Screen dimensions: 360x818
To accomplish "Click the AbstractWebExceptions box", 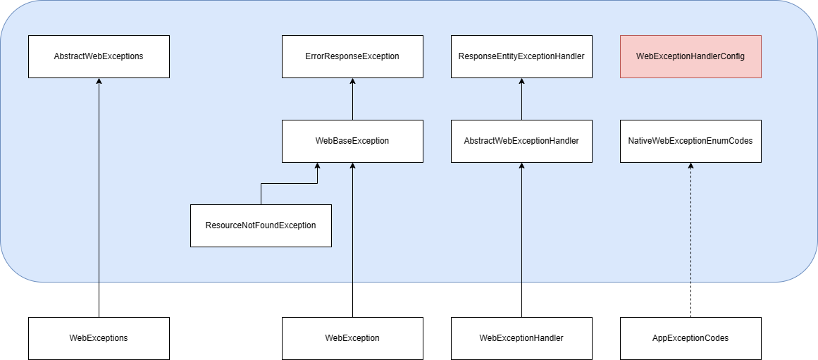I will coord(99,56).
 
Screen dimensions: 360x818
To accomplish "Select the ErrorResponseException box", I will coord(352,56).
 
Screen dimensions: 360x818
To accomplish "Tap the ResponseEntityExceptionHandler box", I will coord(521,56).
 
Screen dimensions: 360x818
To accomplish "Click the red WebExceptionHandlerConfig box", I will coord(690,56).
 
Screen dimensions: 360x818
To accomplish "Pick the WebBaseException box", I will coord(352,141).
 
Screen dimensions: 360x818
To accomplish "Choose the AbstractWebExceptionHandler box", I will coord(521,141).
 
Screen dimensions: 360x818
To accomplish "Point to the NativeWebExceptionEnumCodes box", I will coord(690,141).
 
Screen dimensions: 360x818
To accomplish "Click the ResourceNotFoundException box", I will coord(261,225).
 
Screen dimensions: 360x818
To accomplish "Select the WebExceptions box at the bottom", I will coord(99,338).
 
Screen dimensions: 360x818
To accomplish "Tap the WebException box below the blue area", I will coord(352,338).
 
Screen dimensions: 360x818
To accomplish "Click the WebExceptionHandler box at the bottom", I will coord(521,338).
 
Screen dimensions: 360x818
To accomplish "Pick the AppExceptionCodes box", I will coord(690,338).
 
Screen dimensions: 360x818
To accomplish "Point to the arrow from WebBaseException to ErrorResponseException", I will coord(352,100).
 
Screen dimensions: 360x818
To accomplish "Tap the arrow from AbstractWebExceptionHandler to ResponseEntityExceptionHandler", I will coord(521,100).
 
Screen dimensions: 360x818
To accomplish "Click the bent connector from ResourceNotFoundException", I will coord(289,184).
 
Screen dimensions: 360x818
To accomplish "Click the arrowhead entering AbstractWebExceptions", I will coord(99,82).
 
